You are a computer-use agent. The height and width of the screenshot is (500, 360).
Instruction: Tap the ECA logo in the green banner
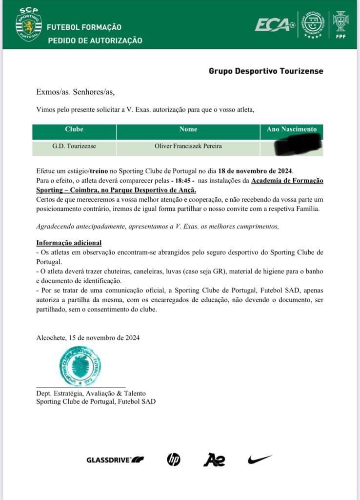pyautogui.click(x=275, y=24)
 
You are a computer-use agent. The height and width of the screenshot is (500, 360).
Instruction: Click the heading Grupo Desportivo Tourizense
pyautogui.click(x=266, y=71)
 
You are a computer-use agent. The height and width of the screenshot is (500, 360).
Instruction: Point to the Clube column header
pyautogui.click(x=74, y=129)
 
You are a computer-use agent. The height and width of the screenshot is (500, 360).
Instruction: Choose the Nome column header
pyautogui.click(x=188, y=129)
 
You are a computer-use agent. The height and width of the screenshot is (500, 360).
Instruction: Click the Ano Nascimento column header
pyautogui.click(x=292, y=129)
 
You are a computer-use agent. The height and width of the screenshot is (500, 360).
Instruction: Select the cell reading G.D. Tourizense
pyautogui.click(x=74, y=146)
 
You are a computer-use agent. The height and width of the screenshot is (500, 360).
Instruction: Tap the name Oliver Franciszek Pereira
pyautogui.click(x=188, y=146)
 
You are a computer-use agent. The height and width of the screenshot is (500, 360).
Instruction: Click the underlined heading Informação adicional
pyautogui.click(x=69, y=243)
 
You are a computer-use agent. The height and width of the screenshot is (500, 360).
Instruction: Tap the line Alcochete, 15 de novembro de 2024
pyautogui.click(x=88, y=337)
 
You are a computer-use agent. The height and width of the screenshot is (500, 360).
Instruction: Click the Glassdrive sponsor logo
pyautogui.click(x=115, y=459)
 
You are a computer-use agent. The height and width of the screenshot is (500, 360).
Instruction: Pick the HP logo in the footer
pyautogui.click(x=174, y=459)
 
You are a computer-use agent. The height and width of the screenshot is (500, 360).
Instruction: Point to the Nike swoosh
pyautogui.click(x=260, y=459)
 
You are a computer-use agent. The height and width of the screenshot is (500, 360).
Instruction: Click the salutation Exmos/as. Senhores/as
pyautogui.click(x=75, y=91)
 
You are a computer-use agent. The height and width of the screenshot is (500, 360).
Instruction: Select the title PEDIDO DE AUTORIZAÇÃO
pyautogui.click(x=95, y=40)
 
